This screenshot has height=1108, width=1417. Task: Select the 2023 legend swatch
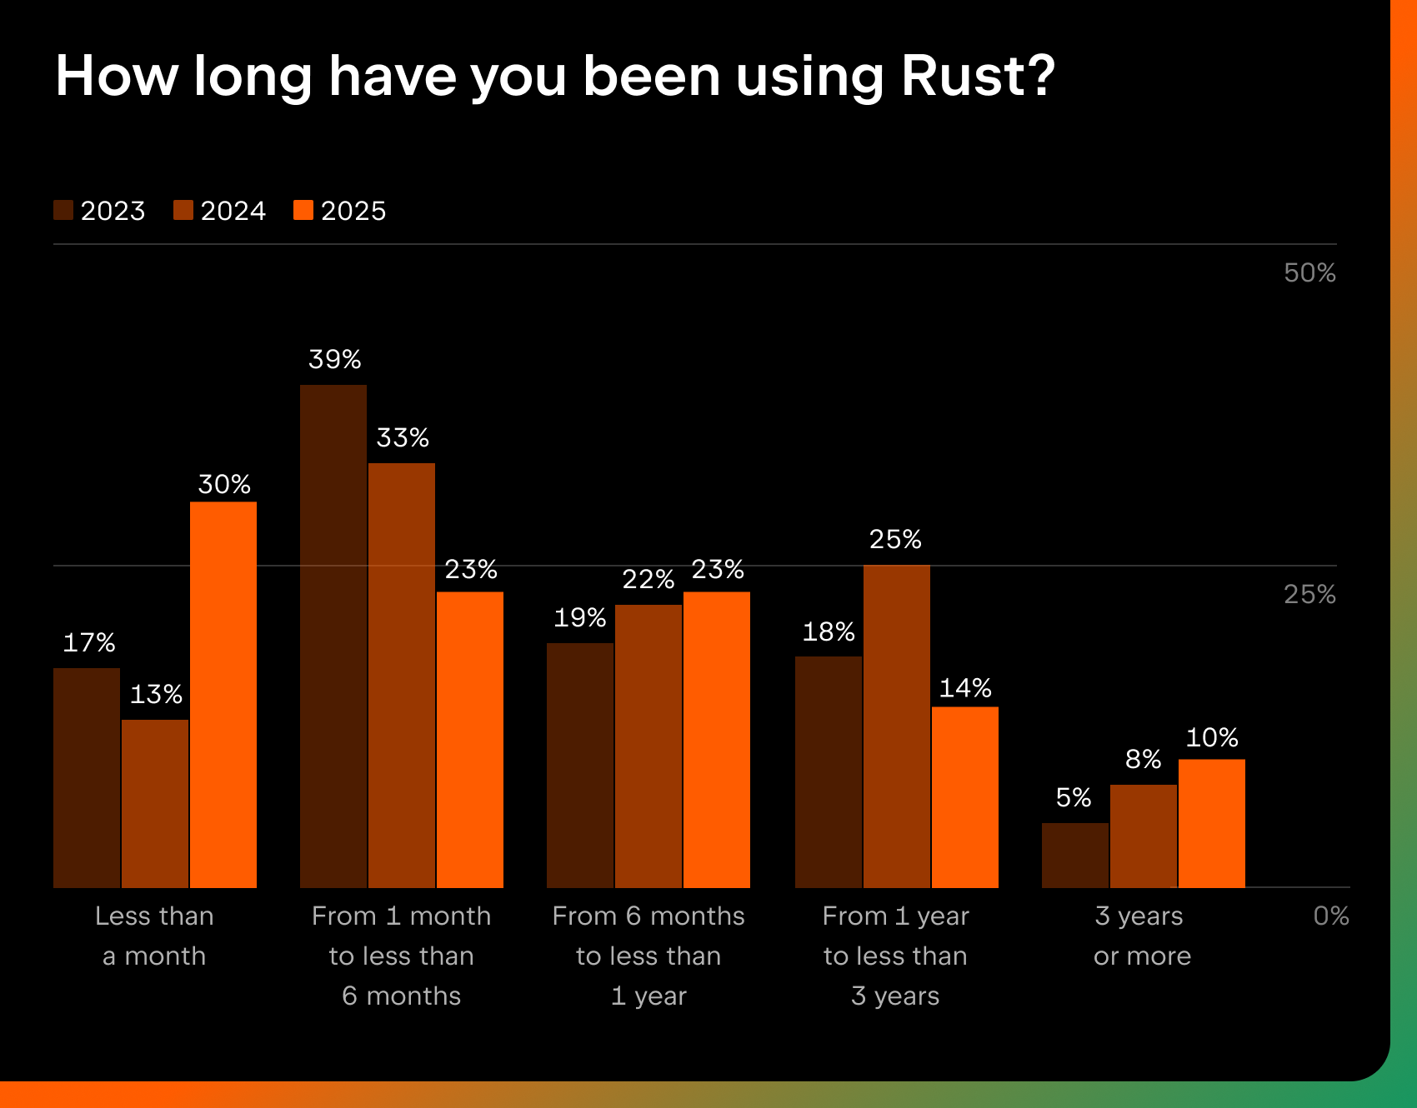click(x=63, y=210)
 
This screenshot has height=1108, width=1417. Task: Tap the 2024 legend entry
click(x=220, y=211)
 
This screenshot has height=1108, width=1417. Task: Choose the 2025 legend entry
click(x=340, y=211)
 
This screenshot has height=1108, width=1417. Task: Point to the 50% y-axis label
click(x=1309, y=273)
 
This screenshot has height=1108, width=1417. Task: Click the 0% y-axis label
click(x=1330, y=916)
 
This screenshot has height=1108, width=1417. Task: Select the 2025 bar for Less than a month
click(x=223, y=694)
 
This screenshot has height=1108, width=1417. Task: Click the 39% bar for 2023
click(x=333, y=636)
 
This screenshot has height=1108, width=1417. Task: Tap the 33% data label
click(x=403, y=438)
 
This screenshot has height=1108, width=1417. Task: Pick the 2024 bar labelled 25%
click(x=897, y=726)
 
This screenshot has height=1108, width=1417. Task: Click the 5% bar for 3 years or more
click(x=1075, y=855)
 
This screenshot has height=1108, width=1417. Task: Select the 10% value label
click(x=1212, y=738)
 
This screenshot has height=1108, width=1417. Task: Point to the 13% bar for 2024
click(x=155, y=803)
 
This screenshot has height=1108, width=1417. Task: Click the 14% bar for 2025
click(x=965, y=796)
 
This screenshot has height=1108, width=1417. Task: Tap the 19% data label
click(x=580, y=618)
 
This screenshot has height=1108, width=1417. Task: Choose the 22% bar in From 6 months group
click(x=648, y=746)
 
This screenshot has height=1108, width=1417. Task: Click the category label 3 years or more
click(x=1142, y=936)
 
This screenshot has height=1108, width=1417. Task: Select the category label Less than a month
click(x=154, y=936)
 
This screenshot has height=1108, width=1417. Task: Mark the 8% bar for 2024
click(x=1144, y=836)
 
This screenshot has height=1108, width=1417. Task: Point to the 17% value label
click(x=89, y=643)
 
